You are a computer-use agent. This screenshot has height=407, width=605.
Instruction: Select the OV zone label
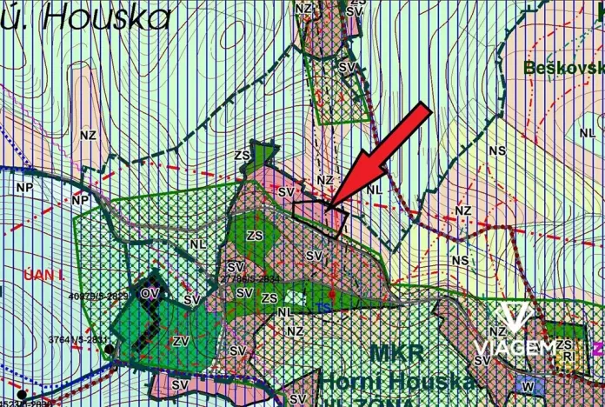point(150,292)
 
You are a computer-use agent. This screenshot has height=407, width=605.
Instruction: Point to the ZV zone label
point(181,340)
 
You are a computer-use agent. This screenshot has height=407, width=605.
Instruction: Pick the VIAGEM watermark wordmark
point(515,349)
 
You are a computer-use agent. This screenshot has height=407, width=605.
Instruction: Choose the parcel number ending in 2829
point(97,296)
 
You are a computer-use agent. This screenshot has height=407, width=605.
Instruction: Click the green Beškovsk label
point(564,67)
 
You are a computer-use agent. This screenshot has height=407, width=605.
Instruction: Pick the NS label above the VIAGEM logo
point(460,260)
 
